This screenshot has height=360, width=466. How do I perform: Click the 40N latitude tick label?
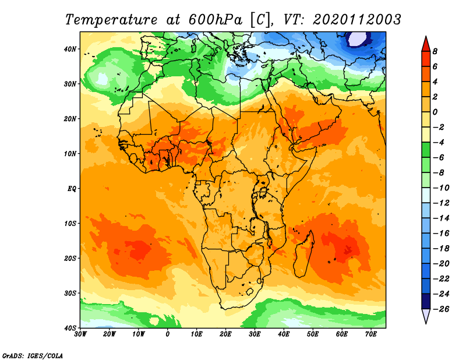[x=70, y=49]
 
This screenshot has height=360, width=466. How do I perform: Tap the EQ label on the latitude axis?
[x=72, y=189]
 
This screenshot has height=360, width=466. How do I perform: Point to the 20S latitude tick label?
[x=70, y=258]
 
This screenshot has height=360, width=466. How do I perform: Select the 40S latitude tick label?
[x=70, y=328]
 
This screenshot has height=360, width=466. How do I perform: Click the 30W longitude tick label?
[x=80, y=334]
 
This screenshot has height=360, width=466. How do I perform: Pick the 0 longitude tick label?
[x=168, y=334]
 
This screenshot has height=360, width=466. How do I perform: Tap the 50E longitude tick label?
[x=313, y=334]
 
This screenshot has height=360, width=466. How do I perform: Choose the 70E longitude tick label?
[x=371, y=334]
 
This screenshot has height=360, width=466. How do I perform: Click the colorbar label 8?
[x=435, y=51]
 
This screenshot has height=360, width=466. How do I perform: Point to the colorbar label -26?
[x=441, y=309]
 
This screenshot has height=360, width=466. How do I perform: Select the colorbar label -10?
[x=441, y=188]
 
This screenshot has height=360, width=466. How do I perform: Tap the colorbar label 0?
[x=435, y=112]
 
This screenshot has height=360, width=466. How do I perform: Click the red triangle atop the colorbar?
[x=426, y=45]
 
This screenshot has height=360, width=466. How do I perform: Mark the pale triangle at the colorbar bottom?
[x=426, y=315]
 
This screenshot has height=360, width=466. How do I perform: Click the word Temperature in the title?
[x=111, y=20]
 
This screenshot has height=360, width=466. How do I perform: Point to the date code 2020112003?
[x=356, y=20]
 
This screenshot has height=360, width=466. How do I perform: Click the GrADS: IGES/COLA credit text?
[x=33, y=356]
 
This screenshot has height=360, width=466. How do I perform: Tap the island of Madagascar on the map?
[x=303, y=253]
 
